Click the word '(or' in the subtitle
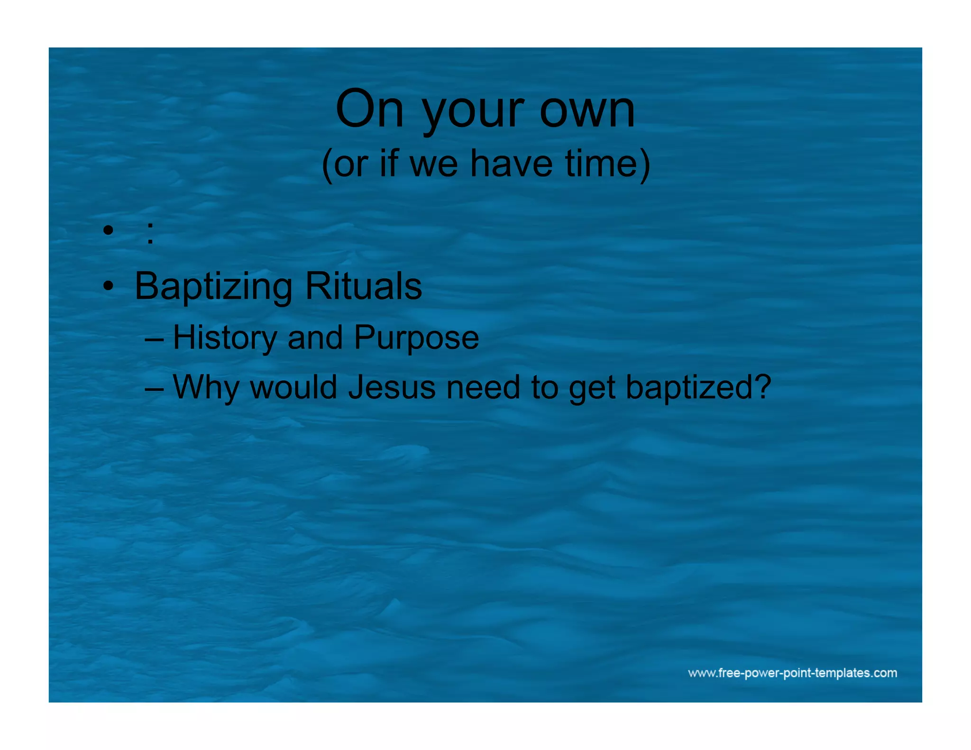345,164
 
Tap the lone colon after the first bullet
150,233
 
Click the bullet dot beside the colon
109,231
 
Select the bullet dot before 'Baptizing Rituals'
109,286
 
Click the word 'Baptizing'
213,287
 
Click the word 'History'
225,338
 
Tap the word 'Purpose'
416,338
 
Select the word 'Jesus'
392,387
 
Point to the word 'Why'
206,388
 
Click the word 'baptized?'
698,388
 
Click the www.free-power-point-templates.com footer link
792,673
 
